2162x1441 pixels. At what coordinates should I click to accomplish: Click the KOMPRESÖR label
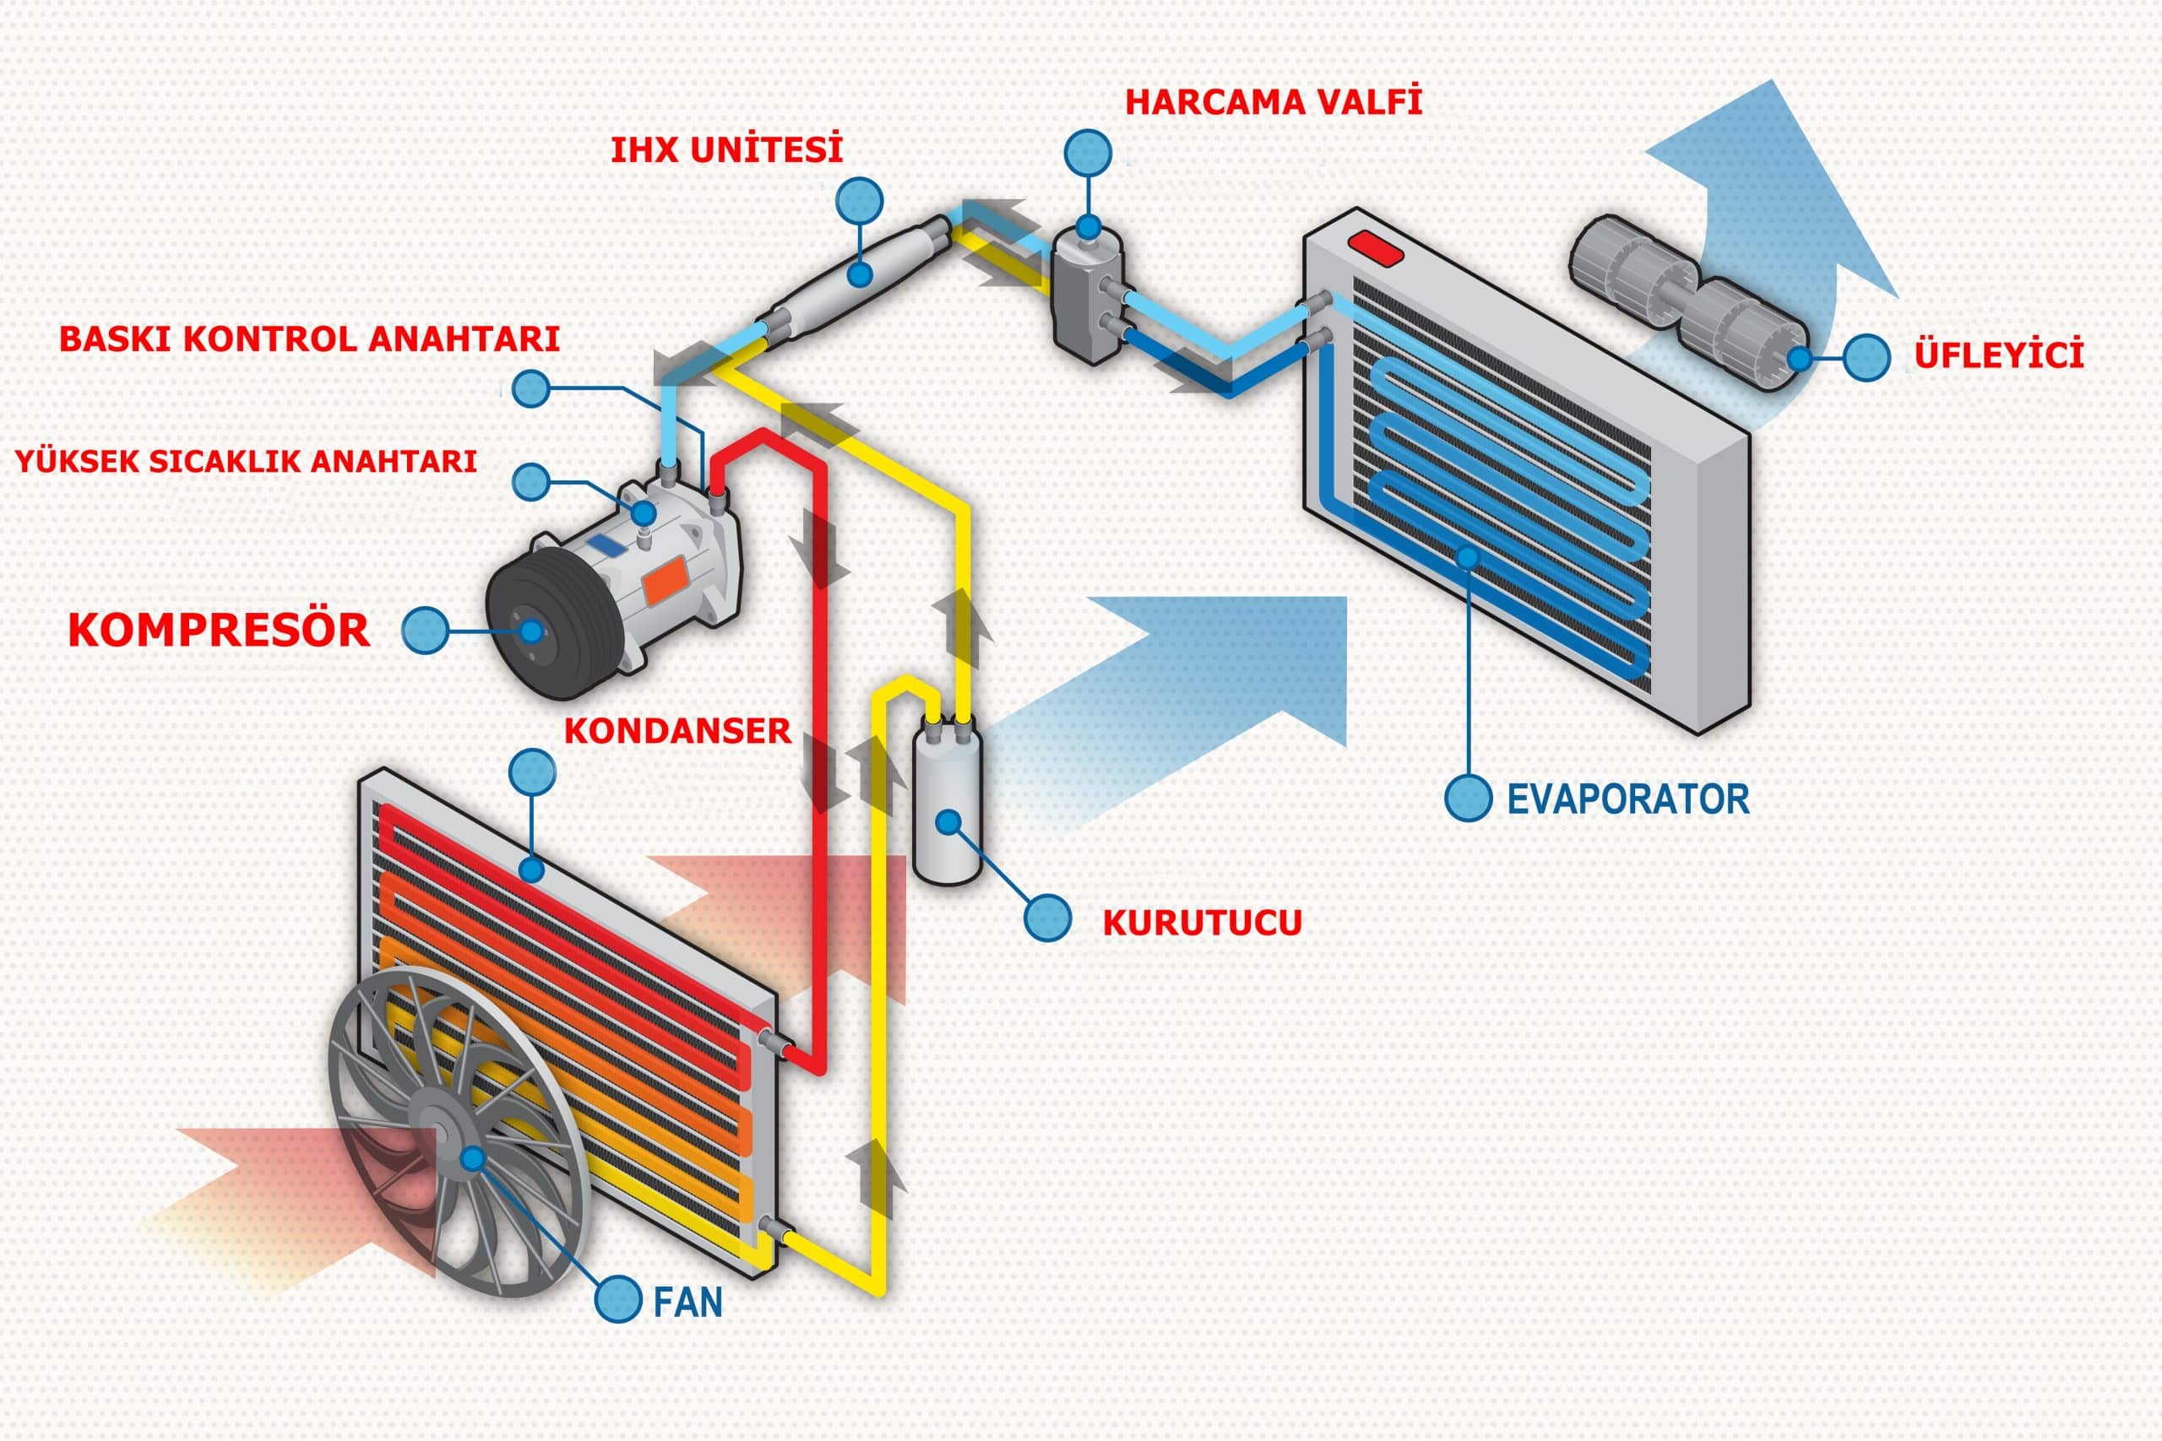(x=219, y=630)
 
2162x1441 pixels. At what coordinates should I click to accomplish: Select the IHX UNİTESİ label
(x=726, y=149)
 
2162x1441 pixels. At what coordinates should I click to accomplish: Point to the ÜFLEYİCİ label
(x=1998, y=354)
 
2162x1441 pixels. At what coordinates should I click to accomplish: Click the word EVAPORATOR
(x=1628, y=799)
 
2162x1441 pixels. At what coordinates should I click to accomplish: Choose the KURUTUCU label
(x=1203, y=923)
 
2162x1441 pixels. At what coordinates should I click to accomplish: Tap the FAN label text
(x=687, y=1303)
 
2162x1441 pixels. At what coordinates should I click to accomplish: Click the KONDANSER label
(x=676, y=730)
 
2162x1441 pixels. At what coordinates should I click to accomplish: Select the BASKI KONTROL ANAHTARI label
(x=310, y=339)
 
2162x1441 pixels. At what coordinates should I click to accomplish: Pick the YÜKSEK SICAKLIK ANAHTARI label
(x=247, y=459)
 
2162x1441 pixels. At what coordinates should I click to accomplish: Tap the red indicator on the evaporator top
(x=1376, y=248)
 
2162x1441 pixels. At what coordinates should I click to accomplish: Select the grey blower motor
(x=1687, y=302)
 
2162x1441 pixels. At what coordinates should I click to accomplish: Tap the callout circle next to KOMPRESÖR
(x=426, y=631)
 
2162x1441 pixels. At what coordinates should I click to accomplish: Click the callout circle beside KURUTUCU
(x=1048, y=917)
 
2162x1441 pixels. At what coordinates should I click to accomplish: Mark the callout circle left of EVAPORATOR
(x=1468, y=798)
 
